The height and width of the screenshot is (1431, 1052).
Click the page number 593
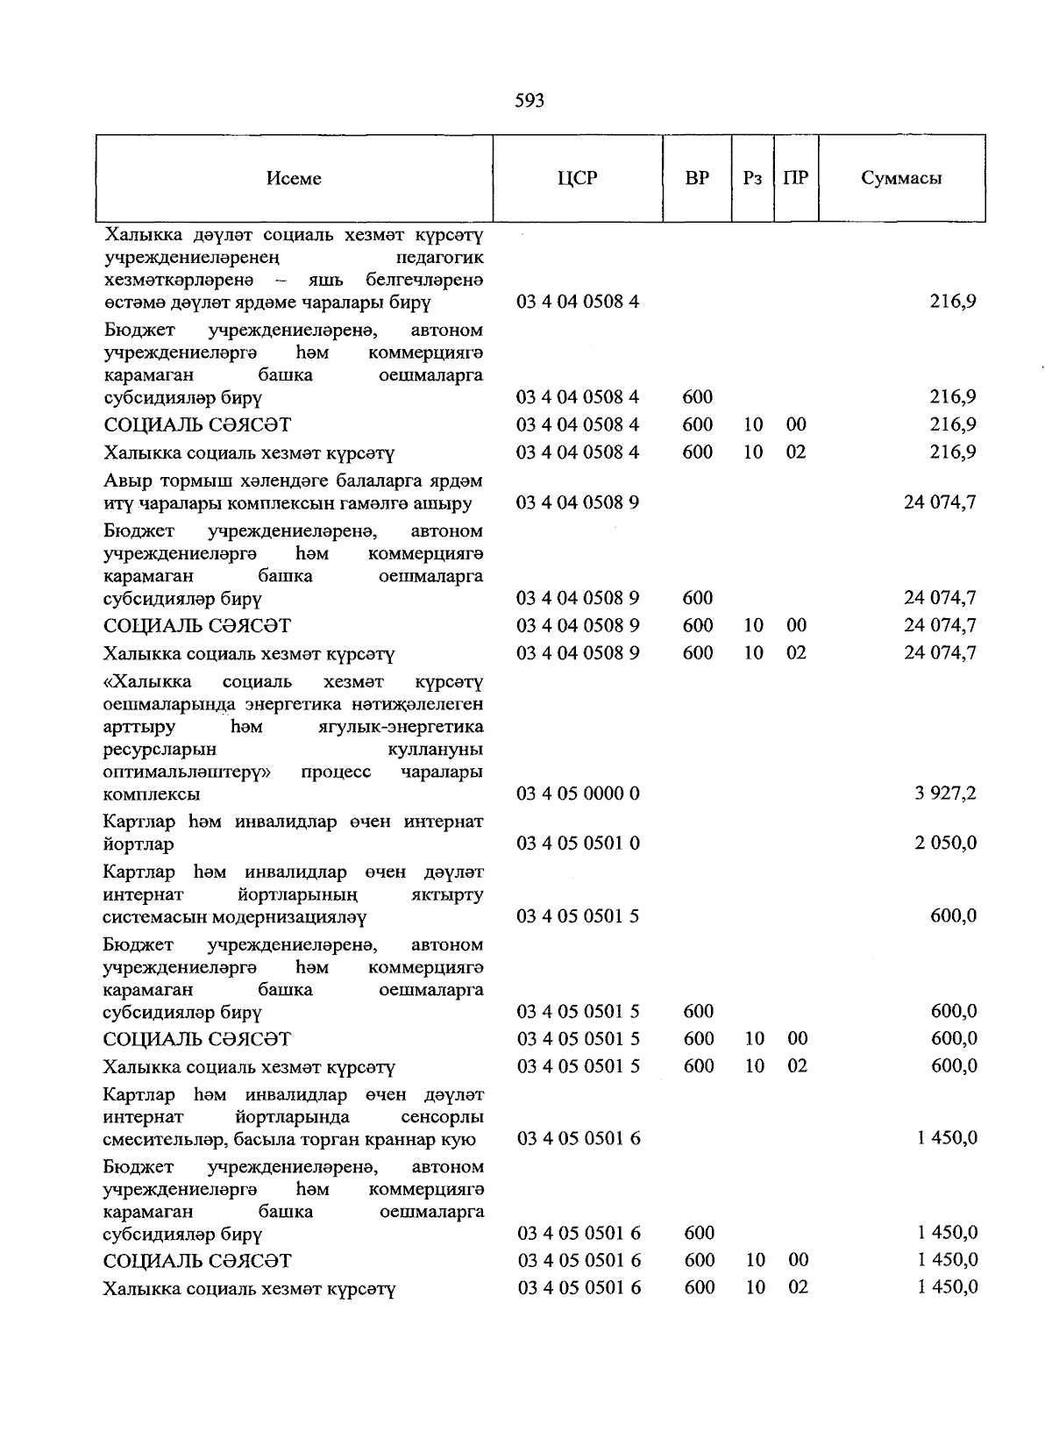coord(530,101)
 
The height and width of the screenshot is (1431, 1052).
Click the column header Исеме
coord(294,179)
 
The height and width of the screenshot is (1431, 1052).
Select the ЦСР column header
coord(577,179)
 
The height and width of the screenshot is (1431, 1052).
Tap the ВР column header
coord(697,179)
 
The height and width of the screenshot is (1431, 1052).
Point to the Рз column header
coord(752,179)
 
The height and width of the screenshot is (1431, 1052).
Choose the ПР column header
coord(796,179)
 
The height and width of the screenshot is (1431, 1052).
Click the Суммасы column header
coord(901,179)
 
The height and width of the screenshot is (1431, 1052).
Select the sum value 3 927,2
coord(946,794)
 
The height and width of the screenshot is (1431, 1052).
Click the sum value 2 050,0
coord(946,843)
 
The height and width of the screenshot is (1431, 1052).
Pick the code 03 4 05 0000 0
coord(578,794)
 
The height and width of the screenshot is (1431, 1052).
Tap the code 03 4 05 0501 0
coord(578,843)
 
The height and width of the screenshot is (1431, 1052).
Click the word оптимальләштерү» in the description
coord(187,772)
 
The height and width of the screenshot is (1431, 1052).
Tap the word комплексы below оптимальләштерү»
coord(151,794)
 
